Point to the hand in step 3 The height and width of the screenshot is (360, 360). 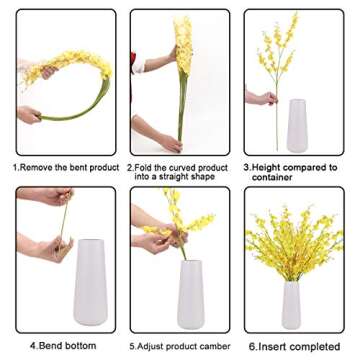pos(262,98)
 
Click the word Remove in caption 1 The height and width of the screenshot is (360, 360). pos(43,167)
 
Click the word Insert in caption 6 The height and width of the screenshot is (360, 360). pos(275,345)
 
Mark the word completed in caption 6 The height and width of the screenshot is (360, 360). pos(316,345)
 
